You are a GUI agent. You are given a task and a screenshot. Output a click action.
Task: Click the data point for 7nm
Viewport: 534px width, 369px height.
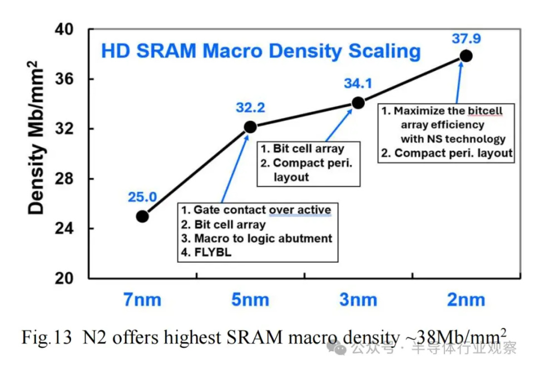click(x=142, y=216)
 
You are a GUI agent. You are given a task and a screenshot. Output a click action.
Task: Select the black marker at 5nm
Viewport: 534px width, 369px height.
click(x=250, y=127)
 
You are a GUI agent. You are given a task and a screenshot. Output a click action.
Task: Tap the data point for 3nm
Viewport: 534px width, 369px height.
click(x=358, y=103)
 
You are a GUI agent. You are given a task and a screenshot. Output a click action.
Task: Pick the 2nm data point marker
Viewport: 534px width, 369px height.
click(x=466, y=56)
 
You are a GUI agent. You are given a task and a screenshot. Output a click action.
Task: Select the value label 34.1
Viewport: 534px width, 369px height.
click(x=357, y=83)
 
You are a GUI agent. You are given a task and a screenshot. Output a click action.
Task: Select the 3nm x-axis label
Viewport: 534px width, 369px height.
click(x=358, y=300)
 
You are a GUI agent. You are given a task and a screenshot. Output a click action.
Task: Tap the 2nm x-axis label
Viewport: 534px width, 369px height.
click(x=466, y=300)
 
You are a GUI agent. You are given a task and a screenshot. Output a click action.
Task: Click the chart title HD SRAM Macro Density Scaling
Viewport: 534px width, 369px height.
click(x=260, y=51)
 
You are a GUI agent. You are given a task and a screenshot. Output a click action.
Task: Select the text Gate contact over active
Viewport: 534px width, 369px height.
click(x=262, y=210)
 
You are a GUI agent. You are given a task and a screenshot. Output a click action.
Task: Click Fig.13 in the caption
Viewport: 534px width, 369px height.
click(x=47, y=337)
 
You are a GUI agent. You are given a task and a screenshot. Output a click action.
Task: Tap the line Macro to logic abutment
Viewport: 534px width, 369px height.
click(x=263, y=238)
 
